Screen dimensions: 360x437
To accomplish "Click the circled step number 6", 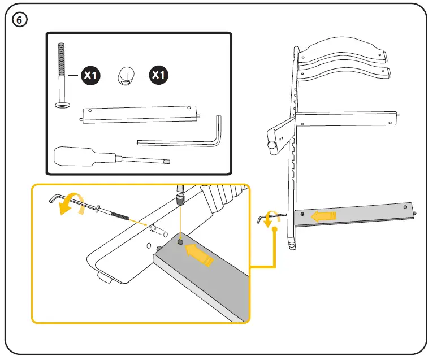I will pos(20,20).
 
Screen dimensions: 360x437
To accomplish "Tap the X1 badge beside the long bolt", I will pos(90,75).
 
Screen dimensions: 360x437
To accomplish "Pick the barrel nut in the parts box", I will pos(127,75).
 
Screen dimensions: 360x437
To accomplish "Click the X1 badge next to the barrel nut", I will pos(158,75).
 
